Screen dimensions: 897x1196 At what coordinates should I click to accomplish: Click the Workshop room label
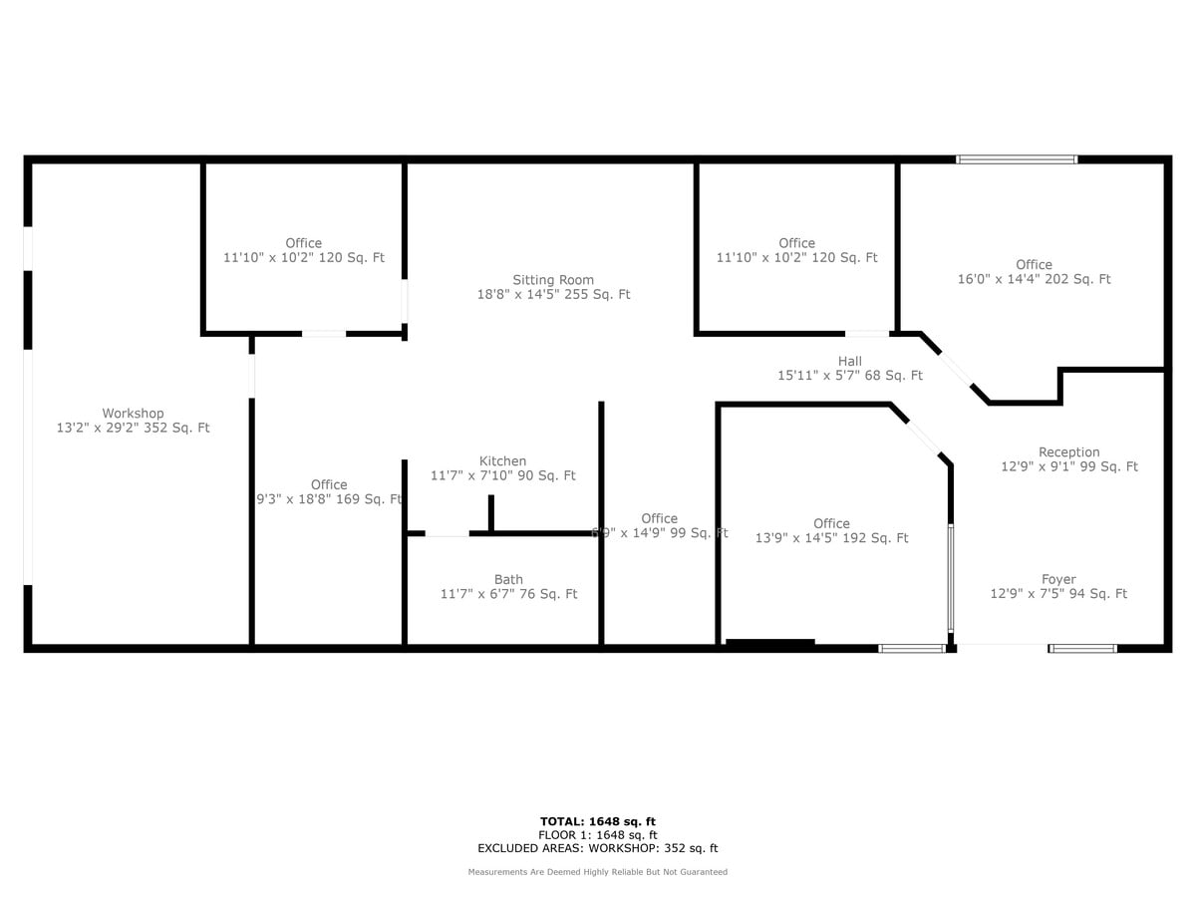(x=133, y=414)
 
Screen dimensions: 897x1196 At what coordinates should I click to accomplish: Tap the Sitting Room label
(x=553, y=280)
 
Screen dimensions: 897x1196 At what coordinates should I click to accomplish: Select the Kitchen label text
(x=502, y=461)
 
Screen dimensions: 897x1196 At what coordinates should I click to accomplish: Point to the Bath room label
(x=508, y=579)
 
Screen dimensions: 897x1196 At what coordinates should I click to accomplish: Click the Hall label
(x=849, y=361)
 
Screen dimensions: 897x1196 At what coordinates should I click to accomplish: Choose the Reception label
(x=1068, y=452)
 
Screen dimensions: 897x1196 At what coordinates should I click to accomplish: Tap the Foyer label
(x=1057, y=579)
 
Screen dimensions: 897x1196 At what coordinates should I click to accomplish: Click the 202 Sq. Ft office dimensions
(x=1034, y=279)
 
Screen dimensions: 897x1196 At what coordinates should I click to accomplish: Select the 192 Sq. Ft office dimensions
(x=831, y=538)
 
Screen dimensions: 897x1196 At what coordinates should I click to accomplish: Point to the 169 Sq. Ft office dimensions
(x=329, y=499)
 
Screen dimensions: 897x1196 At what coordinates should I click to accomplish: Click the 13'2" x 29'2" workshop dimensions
(x=133, y=428)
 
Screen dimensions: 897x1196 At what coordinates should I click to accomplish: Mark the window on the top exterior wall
(x=1017, y=158)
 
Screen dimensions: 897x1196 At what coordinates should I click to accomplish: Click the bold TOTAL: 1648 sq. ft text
(x=597, y=821)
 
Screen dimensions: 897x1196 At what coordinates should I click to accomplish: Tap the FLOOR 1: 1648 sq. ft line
(x=597, y=835)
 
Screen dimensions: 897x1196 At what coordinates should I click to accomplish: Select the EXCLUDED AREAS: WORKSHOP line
(x=597, y=849)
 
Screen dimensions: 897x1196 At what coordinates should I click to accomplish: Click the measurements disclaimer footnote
(x=597, y=872)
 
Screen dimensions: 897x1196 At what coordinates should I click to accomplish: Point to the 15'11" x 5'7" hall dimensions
(x=849, y=376)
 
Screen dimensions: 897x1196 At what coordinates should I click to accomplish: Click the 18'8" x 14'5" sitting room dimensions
(x=553, y=294)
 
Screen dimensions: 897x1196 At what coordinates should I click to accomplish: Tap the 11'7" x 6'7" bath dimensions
(x=508, y=594)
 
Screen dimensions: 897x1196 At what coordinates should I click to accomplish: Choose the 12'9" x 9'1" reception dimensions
(x=1068, y=466)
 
